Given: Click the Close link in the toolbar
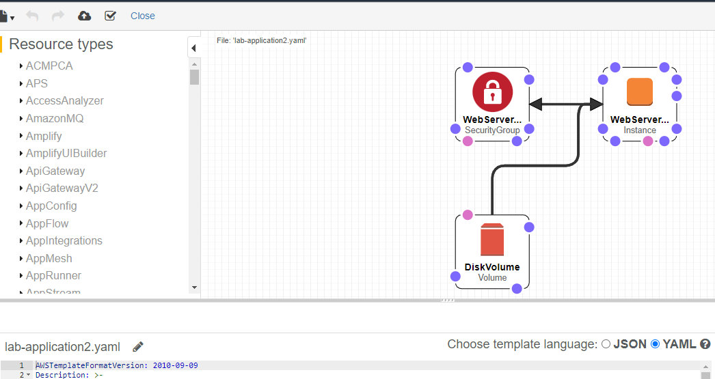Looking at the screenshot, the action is (x=142, y=16).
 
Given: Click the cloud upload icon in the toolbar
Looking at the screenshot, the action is (x=85, y=16).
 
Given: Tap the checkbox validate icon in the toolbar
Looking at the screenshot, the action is (x=110, y=16).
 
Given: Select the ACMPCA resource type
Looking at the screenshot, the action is (x=49, y=66).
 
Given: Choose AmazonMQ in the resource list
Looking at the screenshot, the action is (x=55, y=119).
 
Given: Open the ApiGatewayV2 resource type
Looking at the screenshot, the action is (x=62, y=188).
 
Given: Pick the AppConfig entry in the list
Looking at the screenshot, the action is (x=51, y=206).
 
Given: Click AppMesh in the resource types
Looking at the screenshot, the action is (x=49, y=259).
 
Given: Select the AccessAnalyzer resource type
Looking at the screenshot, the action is (x=65, y=101).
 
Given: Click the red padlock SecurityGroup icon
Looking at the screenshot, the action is (x=492, y=92).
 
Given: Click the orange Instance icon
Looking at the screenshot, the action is (x=640, y=92).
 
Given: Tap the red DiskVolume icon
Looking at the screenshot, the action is (x=492, y=240).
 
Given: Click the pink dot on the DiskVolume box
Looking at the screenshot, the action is (x=468, y=215).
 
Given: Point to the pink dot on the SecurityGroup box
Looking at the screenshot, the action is (x=468, y=141).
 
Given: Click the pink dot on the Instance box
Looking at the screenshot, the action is (x=648, y=141).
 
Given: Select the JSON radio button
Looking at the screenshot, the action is (x=606, y=344).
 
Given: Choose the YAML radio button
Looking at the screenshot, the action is (x=656, y=344).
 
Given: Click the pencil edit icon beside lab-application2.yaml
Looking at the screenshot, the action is (x=138, y=347).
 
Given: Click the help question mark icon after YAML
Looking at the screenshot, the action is (x=705, y=344).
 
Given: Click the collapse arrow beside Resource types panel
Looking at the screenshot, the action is (x=193, y=48).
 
